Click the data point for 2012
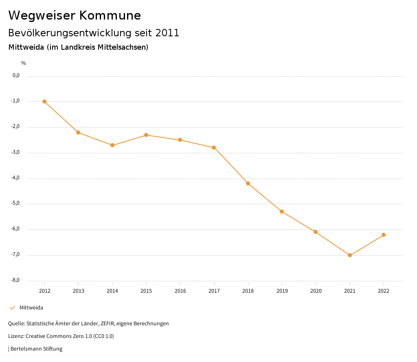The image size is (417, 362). point(44,102)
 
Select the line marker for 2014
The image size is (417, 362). point(112,145)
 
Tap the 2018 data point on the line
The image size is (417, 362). point(248,183)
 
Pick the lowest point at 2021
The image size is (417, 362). point(350,255)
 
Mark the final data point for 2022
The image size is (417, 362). point(384,235)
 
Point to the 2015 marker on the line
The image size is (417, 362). point(146,135)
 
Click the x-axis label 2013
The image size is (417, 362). point(79,291)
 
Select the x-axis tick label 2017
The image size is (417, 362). point(214,291)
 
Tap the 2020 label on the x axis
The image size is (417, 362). point(316,291)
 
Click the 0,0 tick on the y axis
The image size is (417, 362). point(16,75)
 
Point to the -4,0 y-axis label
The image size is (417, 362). point(16,178)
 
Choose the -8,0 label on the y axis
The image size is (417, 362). point(16,280)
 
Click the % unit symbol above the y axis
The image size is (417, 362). point(24,63)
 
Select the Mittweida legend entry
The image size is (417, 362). point(31,308)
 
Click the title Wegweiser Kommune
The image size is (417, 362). point(75,15)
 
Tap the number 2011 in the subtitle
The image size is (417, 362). point(167,33)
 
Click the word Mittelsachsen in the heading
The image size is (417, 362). point(123,47)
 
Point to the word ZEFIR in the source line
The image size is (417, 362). point(107,324)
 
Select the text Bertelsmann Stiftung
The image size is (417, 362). point(36,349)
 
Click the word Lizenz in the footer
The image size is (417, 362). point(16,336)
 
